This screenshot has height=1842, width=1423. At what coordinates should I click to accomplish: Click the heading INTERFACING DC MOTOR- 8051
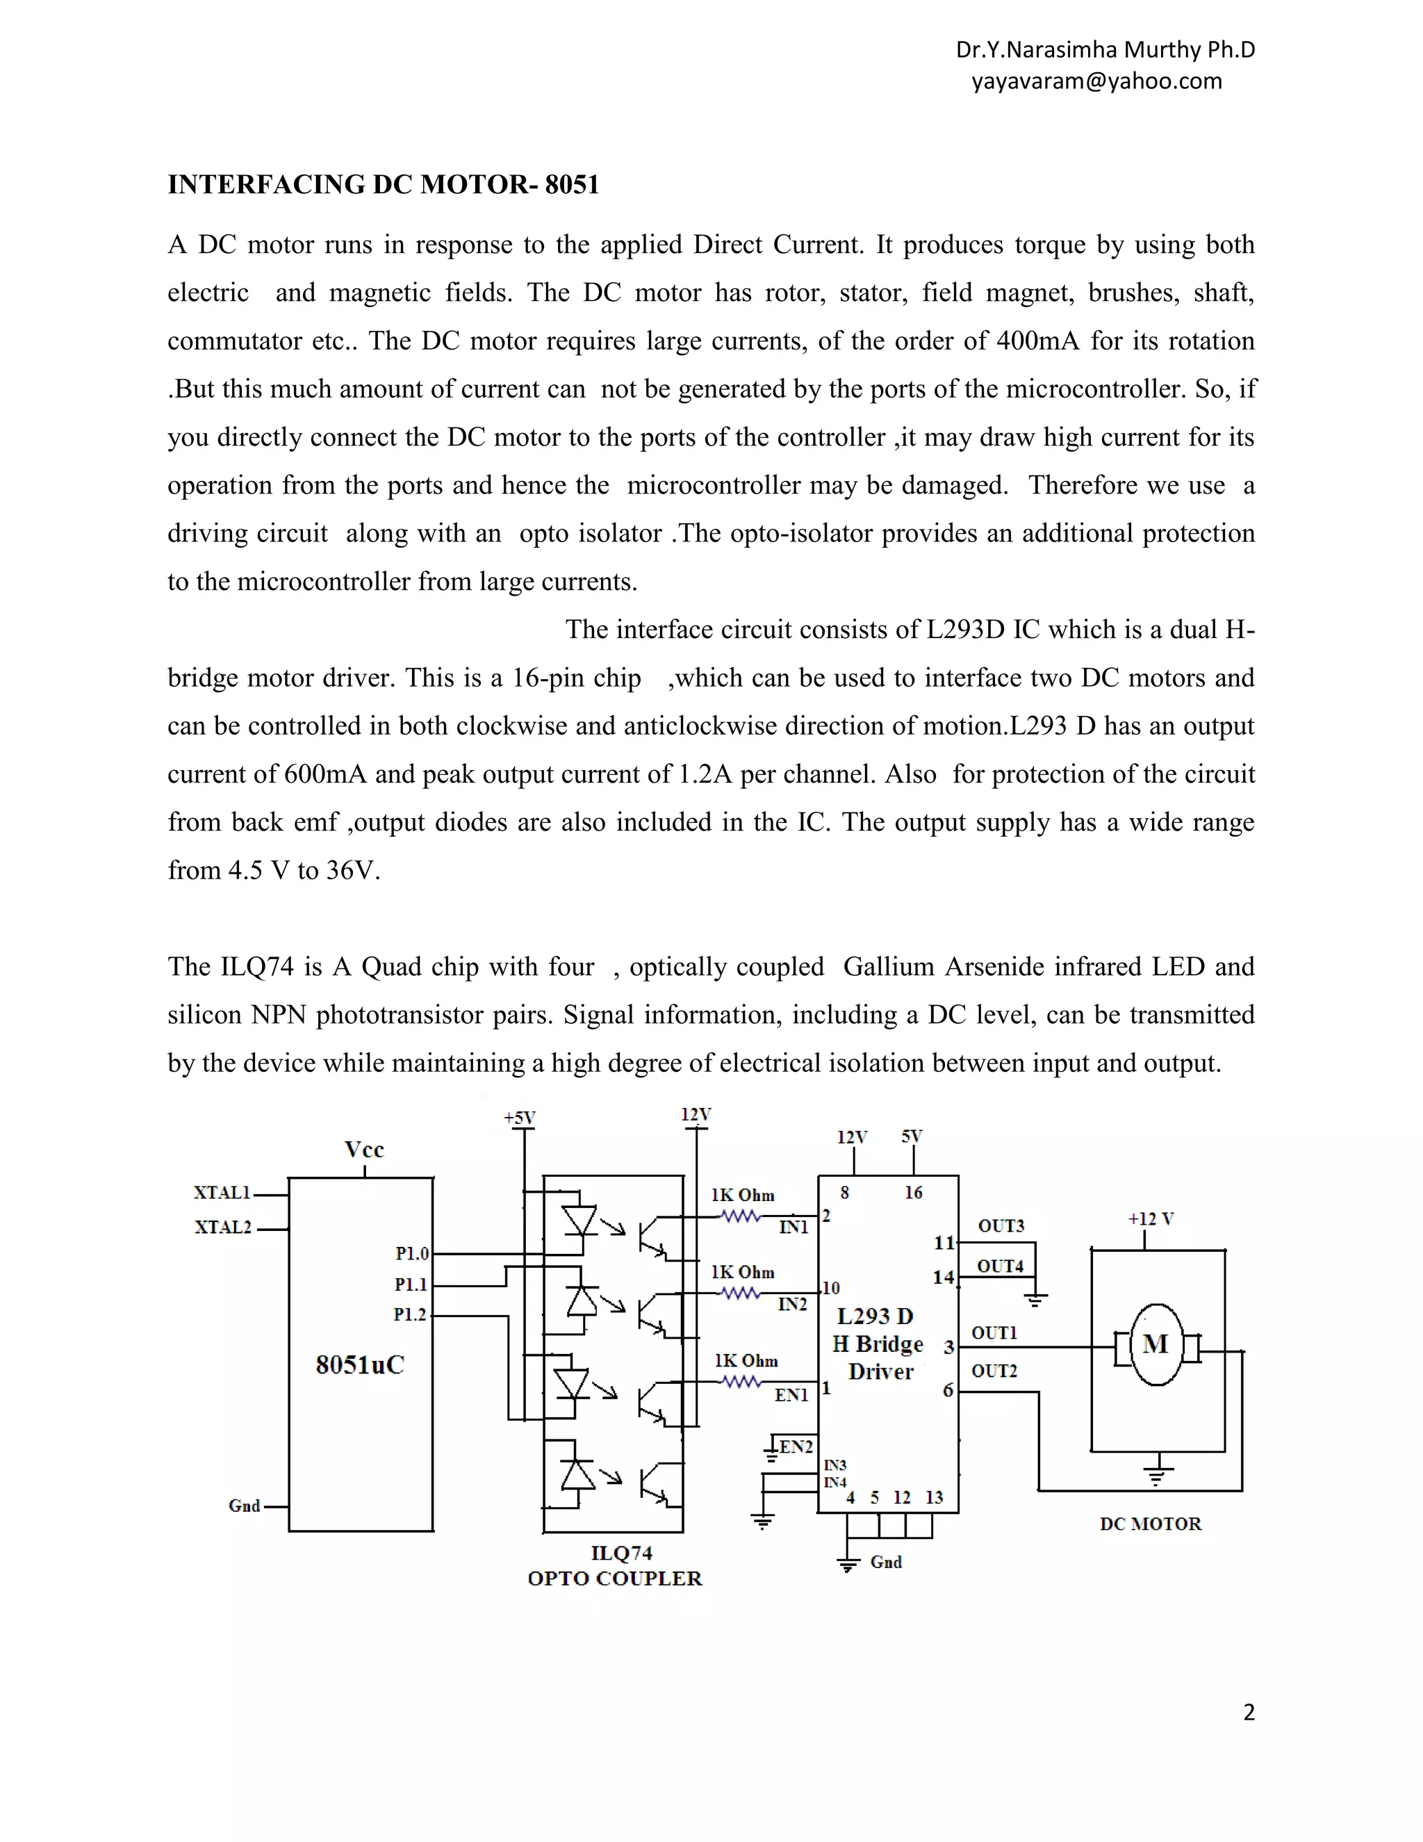[383, 185]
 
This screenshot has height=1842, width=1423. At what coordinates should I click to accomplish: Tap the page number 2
[1249, 1711]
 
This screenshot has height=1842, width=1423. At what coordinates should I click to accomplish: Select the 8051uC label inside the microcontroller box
[360, 1364]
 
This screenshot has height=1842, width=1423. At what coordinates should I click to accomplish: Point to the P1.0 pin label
[412, 1254]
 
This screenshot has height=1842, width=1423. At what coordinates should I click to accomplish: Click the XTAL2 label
[224, 1227]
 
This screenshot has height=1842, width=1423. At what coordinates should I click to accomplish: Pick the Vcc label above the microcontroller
[364, 1150]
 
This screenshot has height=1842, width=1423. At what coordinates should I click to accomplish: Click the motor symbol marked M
[1155, 1344]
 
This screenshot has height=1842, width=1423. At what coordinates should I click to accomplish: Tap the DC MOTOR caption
[1150, 1523]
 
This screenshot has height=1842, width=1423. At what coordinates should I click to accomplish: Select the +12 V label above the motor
[1151, 1219]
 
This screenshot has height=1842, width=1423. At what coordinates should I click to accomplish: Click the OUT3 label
[1001, 1225]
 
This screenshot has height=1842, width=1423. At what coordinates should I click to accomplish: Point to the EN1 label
[791, 1395]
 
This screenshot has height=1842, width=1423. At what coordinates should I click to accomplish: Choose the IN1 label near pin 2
[793, 1227]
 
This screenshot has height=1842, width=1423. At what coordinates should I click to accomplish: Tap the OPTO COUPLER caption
[614, 1578]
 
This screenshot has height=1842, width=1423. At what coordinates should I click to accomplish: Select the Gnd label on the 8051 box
[245, 1506]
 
